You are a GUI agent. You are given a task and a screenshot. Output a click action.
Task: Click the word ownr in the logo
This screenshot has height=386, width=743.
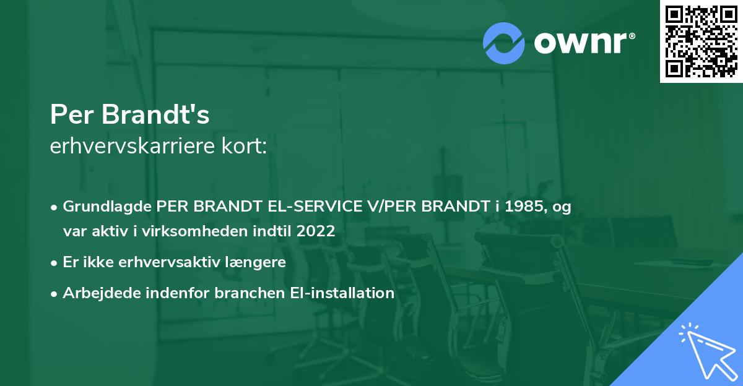(x=583, y=43)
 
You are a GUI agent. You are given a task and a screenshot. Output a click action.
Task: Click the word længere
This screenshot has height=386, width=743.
(x=255, y=262)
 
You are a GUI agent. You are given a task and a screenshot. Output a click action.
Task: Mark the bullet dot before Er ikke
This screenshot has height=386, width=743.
(x=55, y=262)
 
